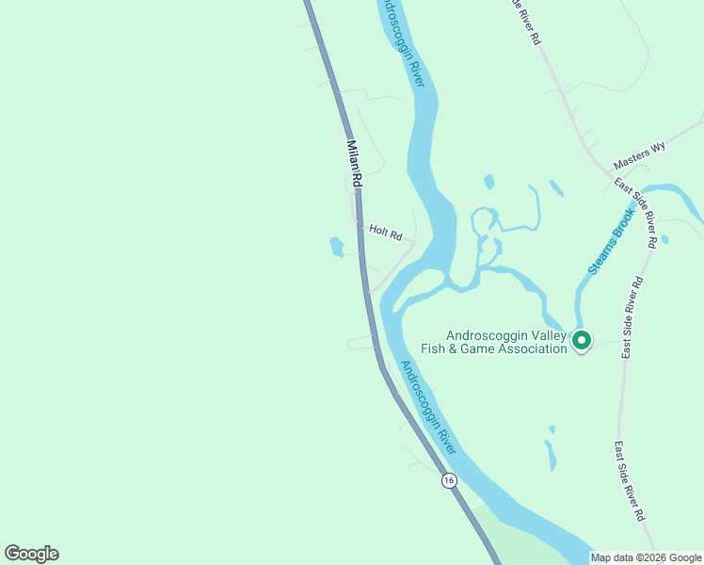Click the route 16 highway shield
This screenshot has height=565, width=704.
point(448,480)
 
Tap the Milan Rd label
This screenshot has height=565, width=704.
point(355,163)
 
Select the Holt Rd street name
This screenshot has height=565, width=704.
point(385,230)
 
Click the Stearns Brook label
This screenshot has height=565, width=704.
point(613,242)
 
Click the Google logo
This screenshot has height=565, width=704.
point(31,554)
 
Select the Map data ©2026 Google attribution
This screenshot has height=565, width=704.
point(646,557)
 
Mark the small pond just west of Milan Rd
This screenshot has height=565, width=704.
point(336,248)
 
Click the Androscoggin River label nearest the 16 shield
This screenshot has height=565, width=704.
point(428,405)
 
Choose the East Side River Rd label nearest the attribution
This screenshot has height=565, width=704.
point(630,481)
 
